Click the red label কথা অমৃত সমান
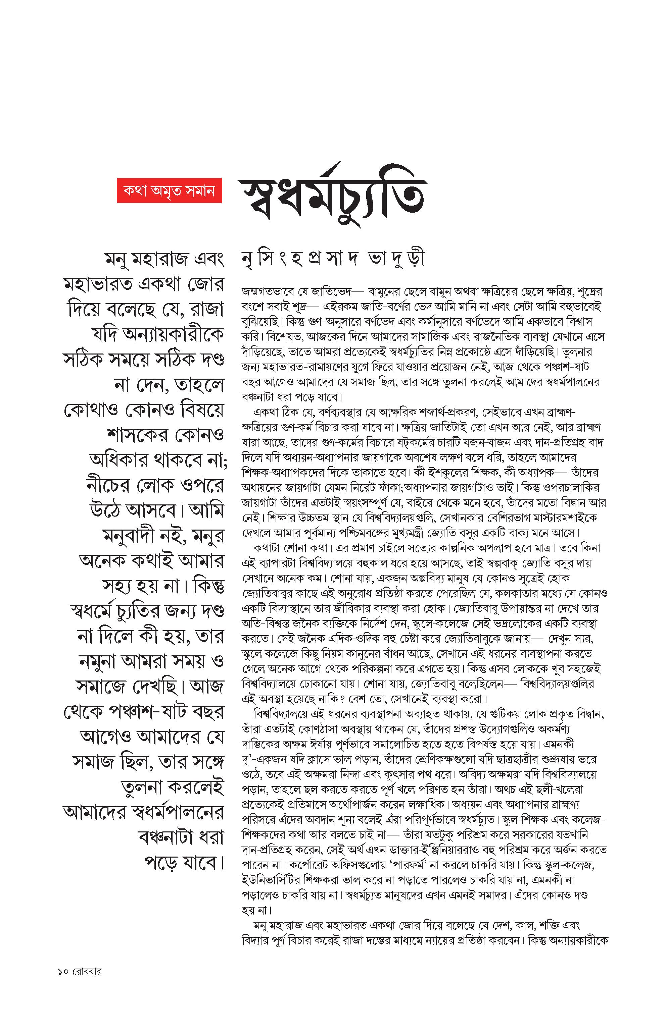(169, 191)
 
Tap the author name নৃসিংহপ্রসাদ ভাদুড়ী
(333, 258)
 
